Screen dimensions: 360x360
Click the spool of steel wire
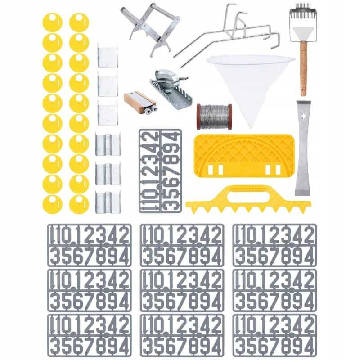[214, 117]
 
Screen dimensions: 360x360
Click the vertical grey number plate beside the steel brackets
[160, 171]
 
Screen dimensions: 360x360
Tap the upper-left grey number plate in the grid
[90, 245]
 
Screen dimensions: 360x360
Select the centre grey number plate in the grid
[182, 290]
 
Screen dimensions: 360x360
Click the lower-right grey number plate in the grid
[274, 335]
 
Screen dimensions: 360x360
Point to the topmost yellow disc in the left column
[52, 22]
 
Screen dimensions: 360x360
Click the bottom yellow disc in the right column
[79, 204]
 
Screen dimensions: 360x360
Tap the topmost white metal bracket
[108, 55]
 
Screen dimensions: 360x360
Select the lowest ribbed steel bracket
[108, 202]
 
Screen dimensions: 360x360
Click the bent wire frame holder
[227, 35]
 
